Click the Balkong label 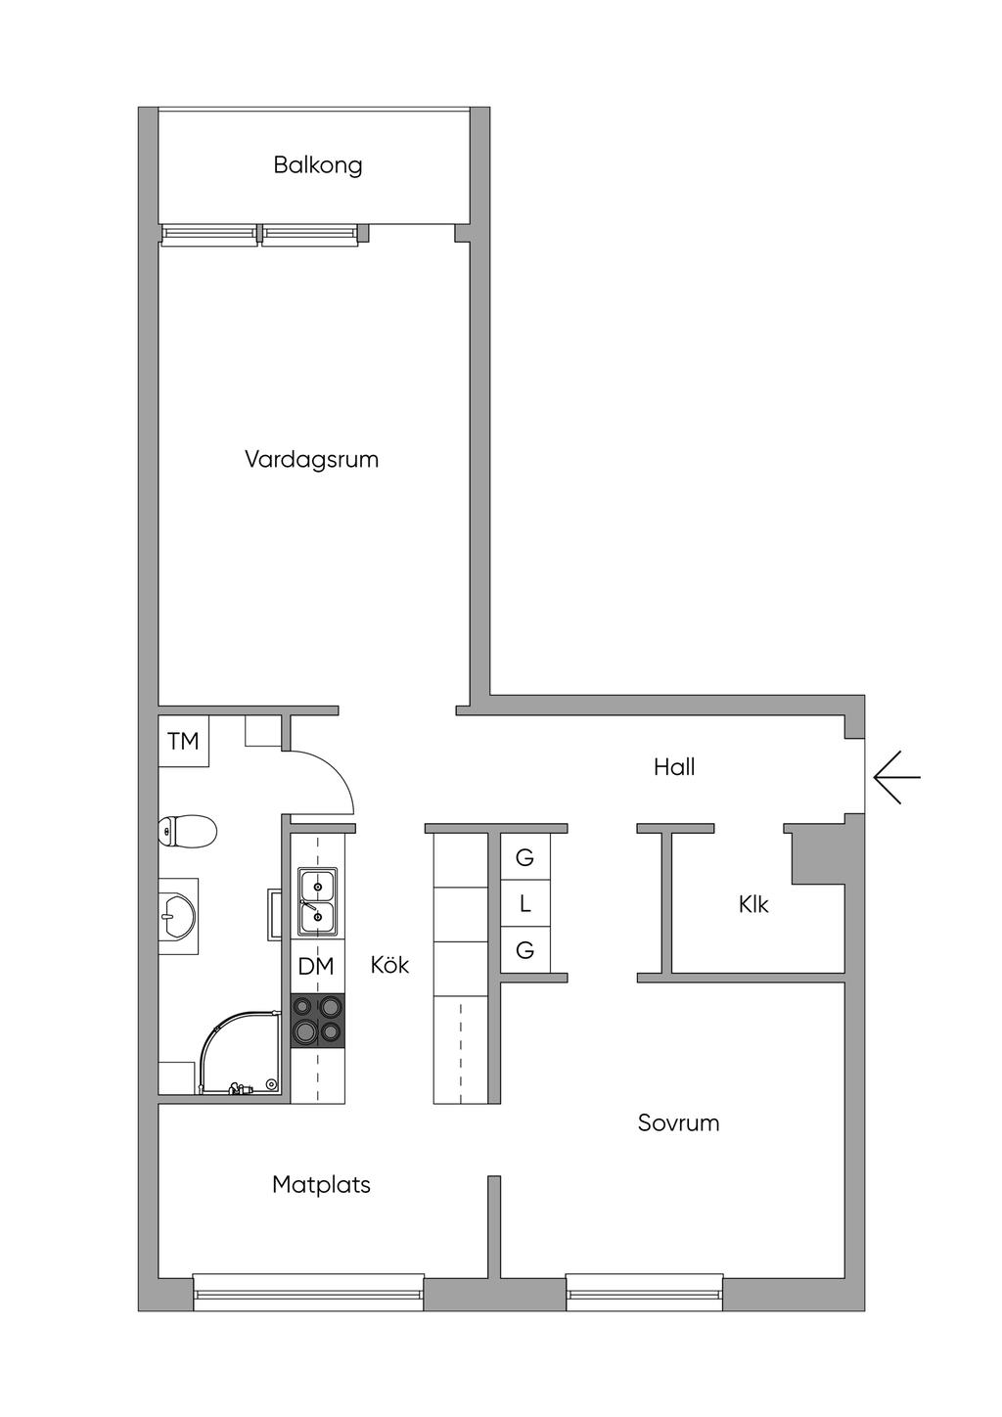317,164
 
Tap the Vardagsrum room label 311,459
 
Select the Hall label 674,767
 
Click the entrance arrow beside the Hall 896,777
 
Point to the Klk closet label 753,905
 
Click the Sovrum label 678,1122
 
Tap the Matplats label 321,1185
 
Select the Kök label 389,966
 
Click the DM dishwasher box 316,967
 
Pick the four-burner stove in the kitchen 318,1020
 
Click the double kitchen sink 317,900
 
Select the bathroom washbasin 179,915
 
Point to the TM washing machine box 183,742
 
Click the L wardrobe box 524,905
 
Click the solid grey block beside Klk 816,855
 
